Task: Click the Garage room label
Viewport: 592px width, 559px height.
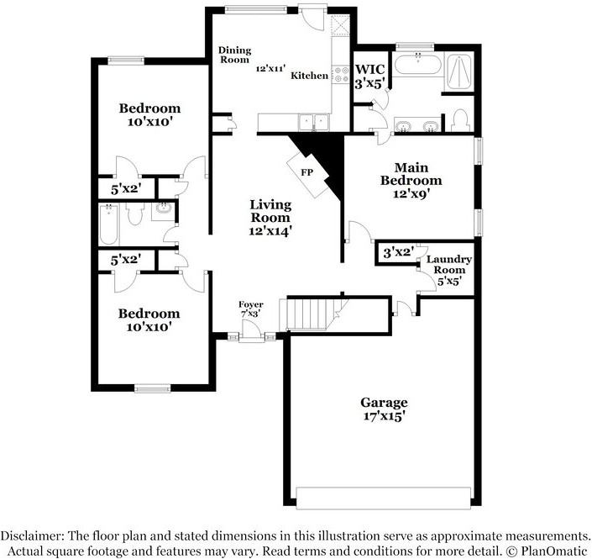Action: click(x=384, y=409)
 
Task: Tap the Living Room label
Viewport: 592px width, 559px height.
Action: click(x=270, y=218)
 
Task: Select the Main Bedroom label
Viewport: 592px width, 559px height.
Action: click(x=411, y=180)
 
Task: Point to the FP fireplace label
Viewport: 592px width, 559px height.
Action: click(x=307, y=172)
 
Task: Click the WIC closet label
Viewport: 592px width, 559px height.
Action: click(x=370, y=76)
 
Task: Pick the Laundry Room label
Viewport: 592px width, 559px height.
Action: click(x=449, y=270)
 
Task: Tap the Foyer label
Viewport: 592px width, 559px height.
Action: click(x=251, y=309)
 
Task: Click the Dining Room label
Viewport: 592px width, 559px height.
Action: click(x=234, y=55)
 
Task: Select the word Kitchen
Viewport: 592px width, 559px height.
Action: click(x=309, y=76)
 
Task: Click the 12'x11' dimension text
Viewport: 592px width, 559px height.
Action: click(x=270, y=68)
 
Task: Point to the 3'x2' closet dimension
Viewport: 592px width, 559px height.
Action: click(x=399, y=252)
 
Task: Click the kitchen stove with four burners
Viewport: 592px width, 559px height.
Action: click(x=341, y=74)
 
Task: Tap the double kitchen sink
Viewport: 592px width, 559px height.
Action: click(x=313, y=122)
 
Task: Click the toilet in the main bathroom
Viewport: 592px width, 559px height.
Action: click(x=461, y=120)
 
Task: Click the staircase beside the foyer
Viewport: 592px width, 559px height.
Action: click(x=313, y=314)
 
